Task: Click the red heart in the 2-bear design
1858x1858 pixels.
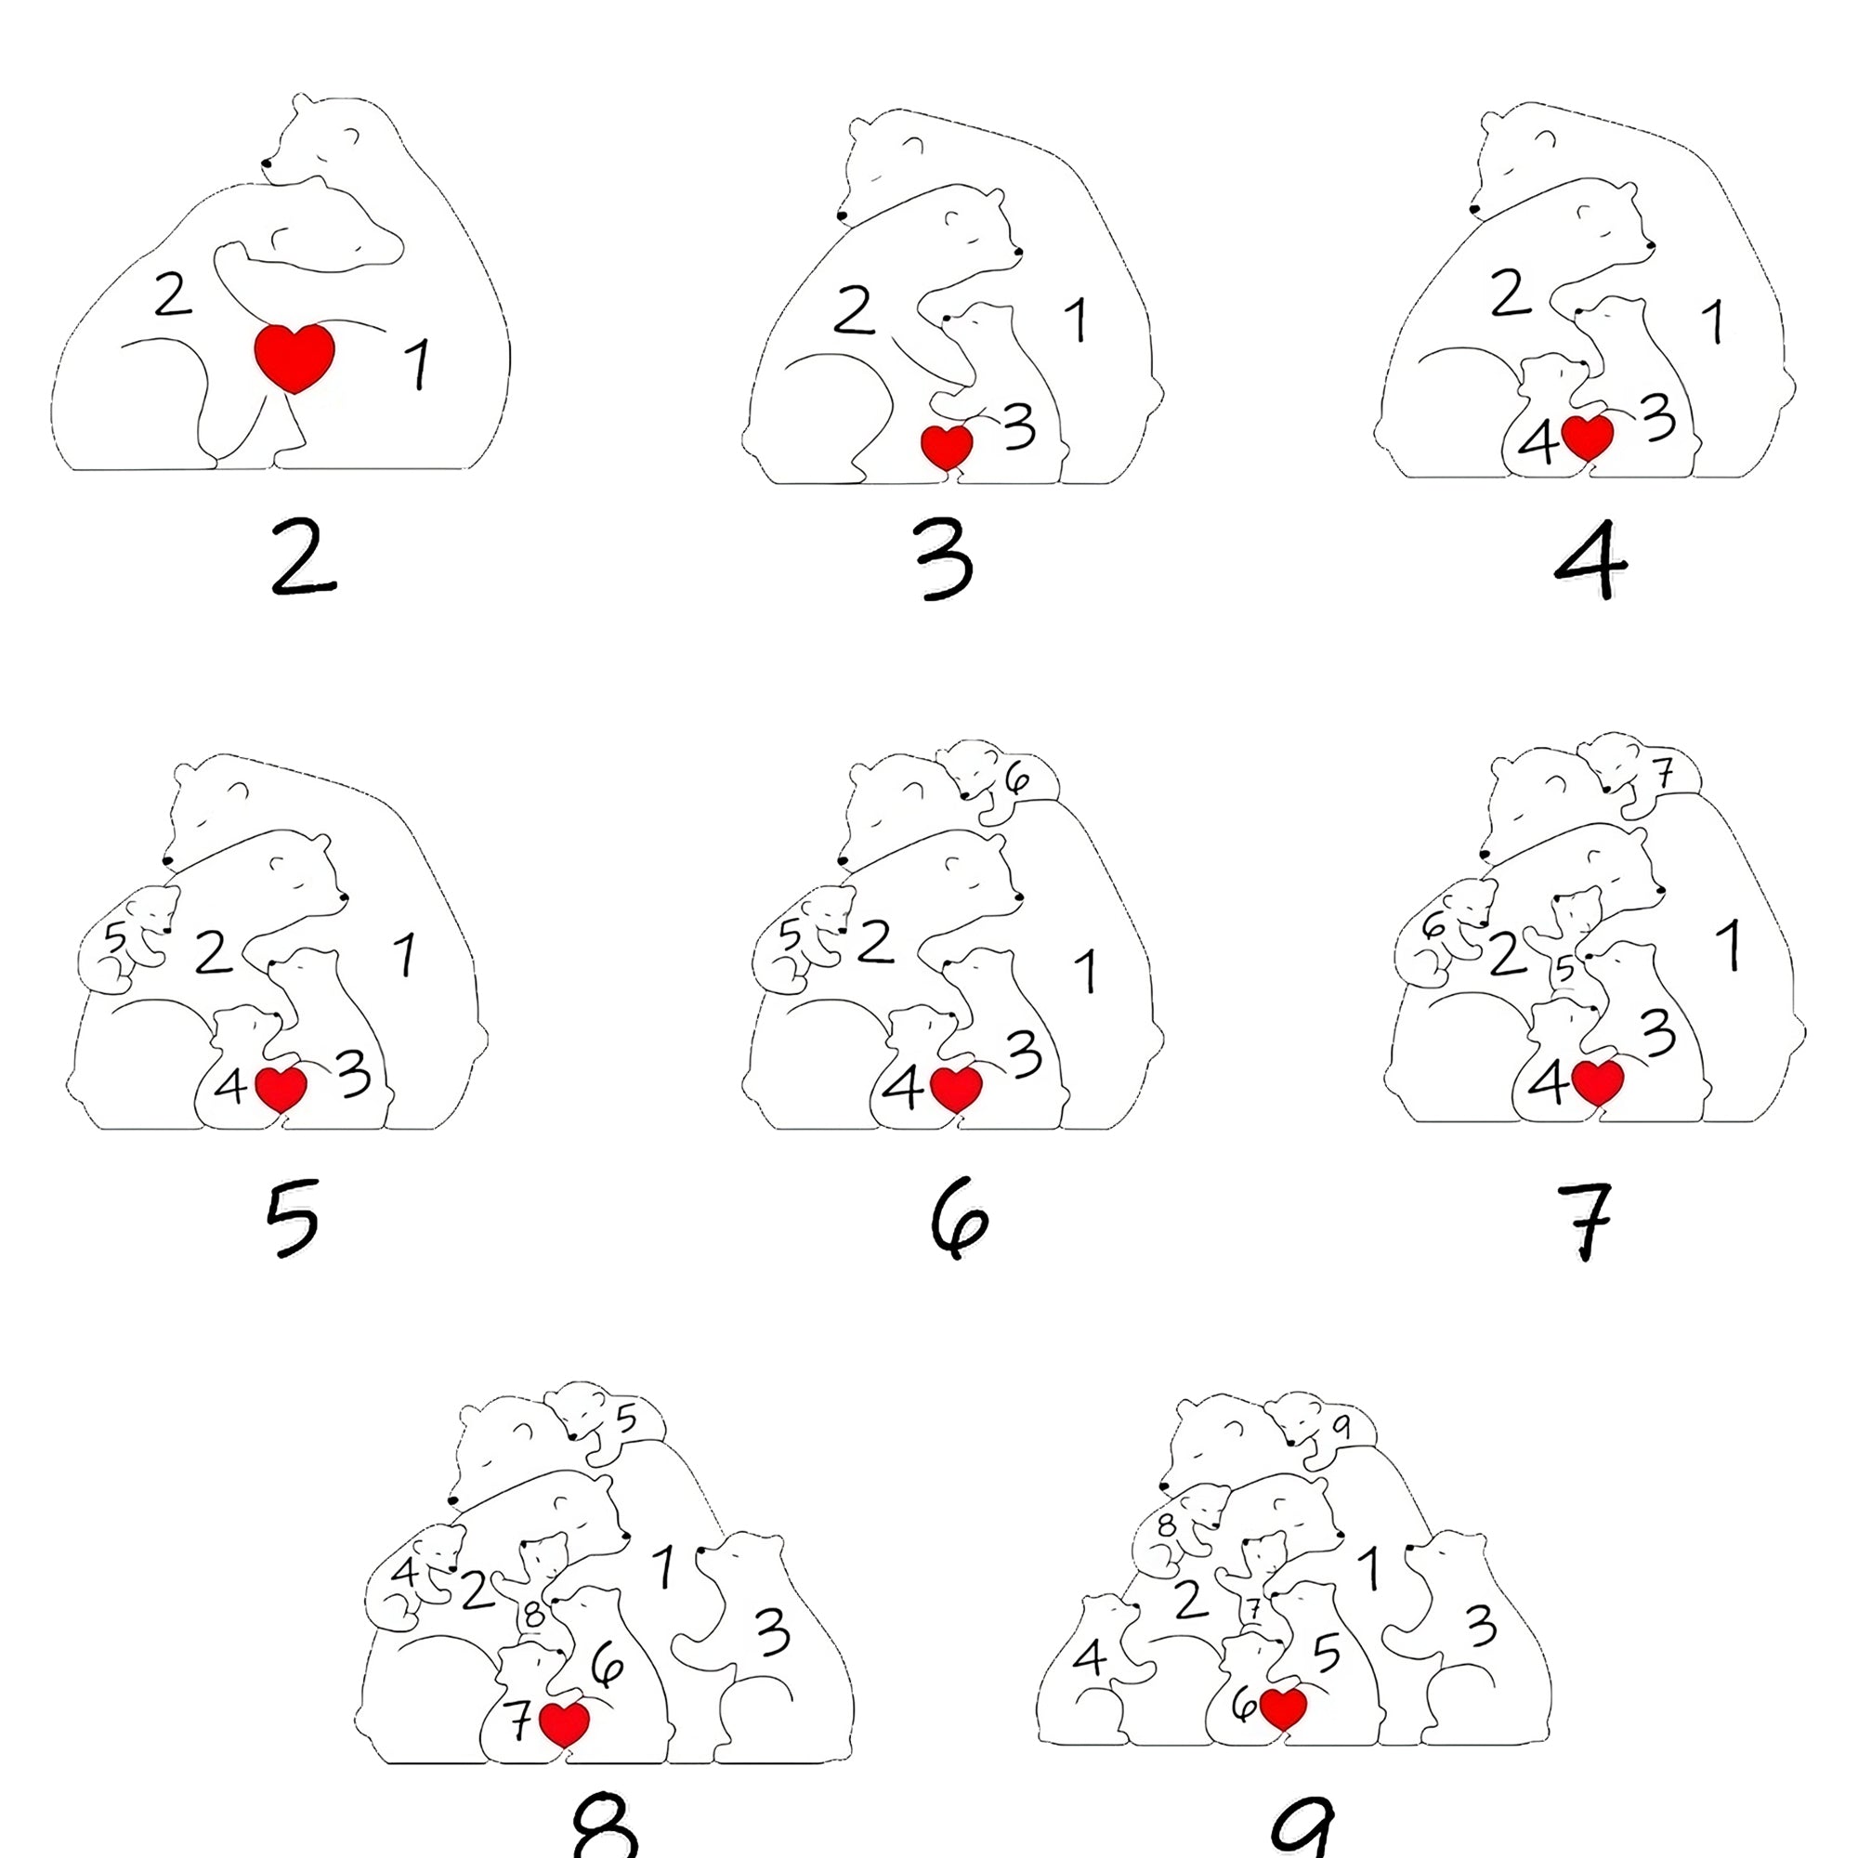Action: click(294, 357)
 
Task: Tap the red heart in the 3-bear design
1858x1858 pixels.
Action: click(948, 446)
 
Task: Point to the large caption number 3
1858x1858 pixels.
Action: click(945, 558)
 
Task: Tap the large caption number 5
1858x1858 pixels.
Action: click(293, 1219)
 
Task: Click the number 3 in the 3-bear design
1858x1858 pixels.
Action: click(1019, 426)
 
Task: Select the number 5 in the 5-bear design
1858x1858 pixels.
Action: click(115, 936)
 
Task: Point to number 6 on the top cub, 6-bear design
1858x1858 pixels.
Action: click(1016, 777)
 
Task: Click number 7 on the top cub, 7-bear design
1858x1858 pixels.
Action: click(1664, 772)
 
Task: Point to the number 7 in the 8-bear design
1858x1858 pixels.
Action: click(518, 1720)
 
